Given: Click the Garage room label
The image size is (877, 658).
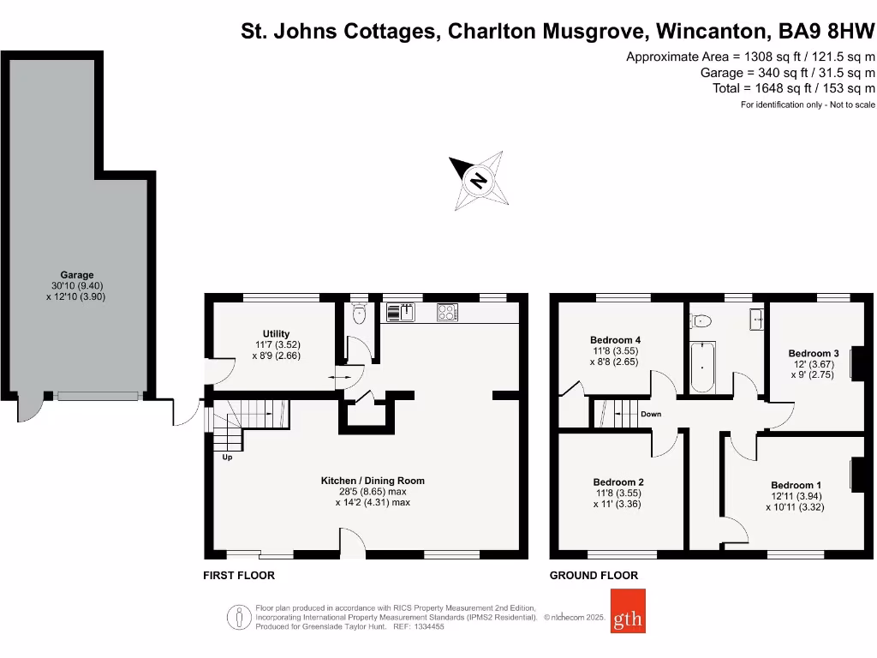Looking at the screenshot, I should tap(76, 275).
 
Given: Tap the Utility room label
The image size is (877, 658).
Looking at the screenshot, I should tap(276, 333).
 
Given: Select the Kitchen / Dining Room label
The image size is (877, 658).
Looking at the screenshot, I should tap(373, 481).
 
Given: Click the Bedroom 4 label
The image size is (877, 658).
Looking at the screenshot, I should tap(615, 340).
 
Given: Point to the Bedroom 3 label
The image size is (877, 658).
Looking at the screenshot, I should tap(813, 353).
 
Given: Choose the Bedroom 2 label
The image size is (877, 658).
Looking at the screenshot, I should tap(617, 482).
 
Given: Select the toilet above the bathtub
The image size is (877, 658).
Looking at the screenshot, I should tap(701, 321).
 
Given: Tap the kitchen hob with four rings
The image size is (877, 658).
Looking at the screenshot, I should tap(447, 313).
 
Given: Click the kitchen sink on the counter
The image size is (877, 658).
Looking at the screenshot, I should tap(399, 313).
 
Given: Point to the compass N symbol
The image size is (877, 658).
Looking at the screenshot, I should tap(479, 181).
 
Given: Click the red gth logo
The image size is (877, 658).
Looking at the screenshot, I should tap(628, 611).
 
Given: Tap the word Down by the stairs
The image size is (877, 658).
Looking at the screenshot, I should tap(651, 414).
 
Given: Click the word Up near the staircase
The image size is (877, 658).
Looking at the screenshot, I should tap(227, 458).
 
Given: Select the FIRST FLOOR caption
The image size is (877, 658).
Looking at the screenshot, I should tap(239, 576).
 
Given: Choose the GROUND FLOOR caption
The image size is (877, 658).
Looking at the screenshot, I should tap(594, 576).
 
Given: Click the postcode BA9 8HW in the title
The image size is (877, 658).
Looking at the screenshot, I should tap(826, 32).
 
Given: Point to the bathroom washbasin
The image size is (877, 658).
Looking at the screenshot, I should tap(758, 320).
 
